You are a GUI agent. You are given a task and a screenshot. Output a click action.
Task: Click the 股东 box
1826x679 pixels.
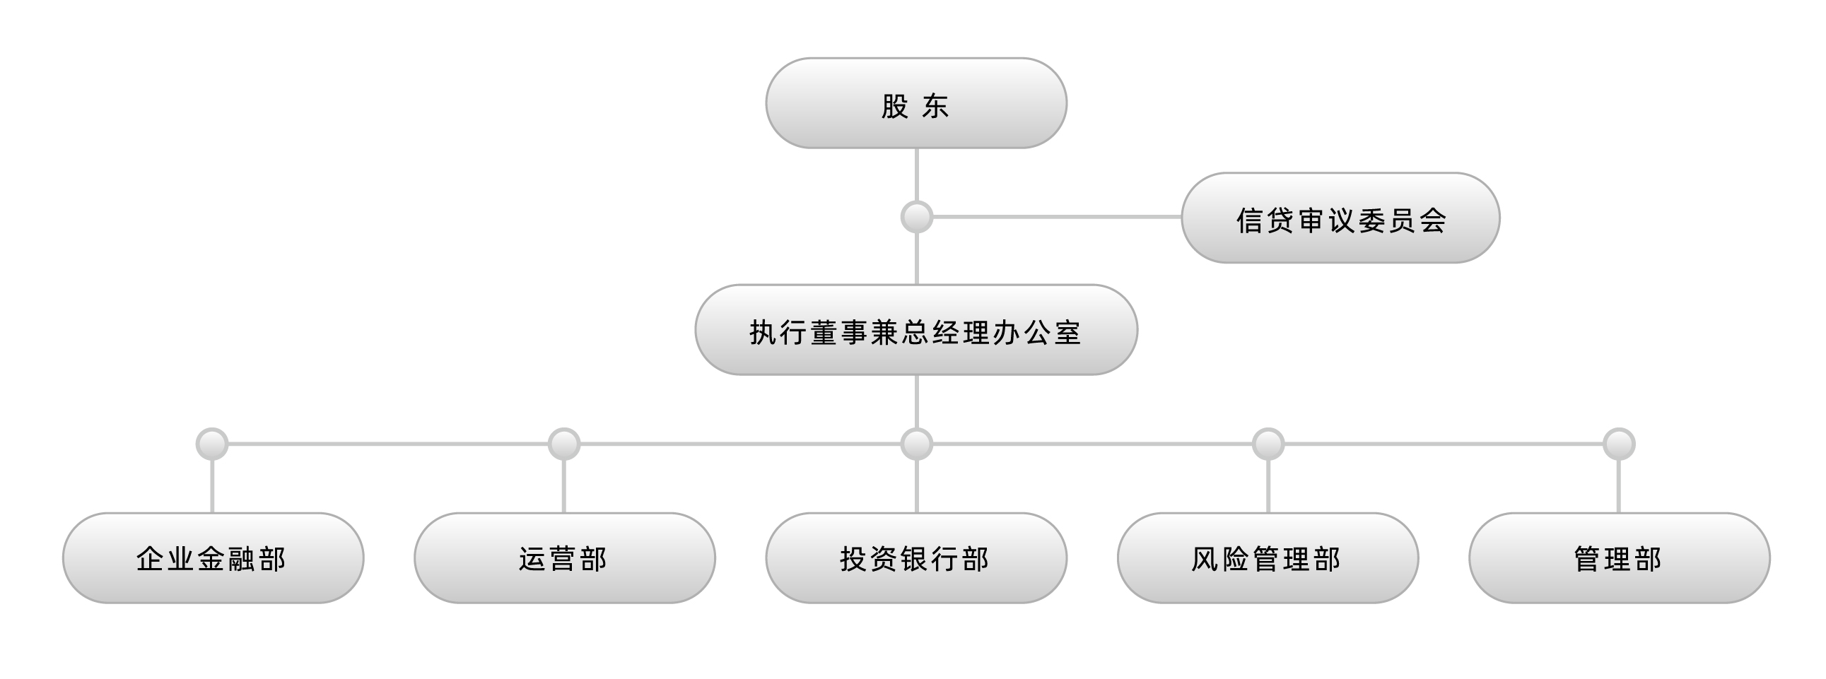click(x=916, y=102)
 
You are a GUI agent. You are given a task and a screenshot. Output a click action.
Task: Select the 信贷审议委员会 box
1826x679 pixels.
click(x=1340, y=218)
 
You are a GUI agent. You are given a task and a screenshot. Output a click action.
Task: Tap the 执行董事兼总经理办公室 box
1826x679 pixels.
click(x=916, y=329)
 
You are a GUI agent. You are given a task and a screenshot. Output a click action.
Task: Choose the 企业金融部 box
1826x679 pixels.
click(x=213, y=557)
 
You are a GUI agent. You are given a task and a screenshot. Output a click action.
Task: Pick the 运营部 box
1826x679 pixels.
click(x=564, y=557)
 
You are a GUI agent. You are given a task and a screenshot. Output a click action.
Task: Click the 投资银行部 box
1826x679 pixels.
click(x=916, y=557)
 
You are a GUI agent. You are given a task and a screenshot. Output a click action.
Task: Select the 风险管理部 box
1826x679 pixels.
click(x=1268, y=557)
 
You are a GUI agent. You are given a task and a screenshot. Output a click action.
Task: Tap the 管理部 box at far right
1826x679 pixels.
click(x=1619, y=557)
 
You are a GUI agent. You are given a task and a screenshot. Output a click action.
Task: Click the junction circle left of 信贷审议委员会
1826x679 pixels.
click(x=917, y=217)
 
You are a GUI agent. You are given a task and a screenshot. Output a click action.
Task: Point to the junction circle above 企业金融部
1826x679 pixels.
click(x=212, y=444)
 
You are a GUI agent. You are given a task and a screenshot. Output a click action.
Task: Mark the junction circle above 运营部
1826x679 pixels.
click(x=564, y=444)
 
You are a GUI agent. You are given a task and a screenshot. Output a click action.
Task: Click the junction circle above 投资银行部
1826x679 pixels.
click(x=917, y=444)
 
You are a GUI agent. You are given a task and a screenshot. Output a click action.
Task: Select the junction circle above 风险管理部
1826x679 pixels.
click(x=1268, y=444)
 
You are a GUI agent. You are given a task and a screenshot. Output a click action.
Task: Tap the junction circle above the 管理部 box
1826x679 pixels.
click(x=1619, y=444)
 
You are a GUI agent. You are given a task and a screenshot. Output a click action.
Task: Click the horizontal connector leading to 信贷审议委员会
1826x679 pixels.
click(x=1057, y=217)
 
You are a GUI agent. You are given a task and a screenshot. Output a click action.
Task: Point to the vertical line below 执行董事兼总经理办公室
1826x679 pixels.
click(x=917, y=402)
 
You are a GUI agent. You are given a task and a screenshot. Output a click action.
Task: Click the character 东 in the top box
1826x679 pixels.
click(x=935, y=106)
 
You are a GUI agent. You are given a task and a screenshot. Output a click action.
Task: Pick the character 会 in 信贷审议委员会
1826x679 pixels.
click(x=1432, y=220)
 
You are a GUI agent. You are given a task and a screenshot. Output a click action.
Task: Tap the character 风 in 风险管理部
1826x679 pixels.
click(x=1205, y=559)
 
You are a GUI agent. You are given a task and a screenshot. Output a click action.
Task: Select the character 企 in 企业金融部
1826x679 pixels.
click(x=150, y=559)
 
